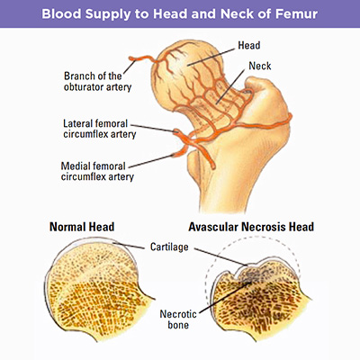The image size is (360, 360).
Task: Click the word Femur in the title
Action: pos(295,14)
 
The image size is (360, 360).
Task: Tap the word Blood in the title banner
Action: pos(61,14)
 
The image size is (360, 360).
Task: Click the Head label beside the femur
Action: pos(249,45)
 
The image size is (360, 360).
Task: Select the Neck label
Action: pos(260,66)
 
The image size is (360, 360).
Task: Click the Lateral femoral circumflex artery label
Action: pos(99,129)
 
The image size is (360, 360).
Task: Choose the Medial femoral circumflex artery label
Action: pos(97,171)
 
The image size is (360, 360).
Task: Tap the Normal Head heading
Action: pos(82,227)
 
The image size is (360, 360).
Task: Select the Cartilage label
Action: pos(169,247)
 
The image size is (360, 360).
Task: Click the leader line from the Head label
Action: pos(211,57)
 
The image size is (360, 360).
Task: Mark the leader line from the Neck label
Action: pos(230,86)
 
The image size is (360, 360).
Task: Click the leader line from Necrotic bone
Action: pos(225,297)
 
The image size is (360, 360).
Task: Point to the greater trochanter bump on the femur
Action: pos(264,96)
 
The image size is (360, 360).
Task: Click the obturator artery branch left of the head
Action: pos(142,58)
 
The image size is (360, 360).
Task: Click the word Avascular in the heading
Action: pos(213,227)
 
